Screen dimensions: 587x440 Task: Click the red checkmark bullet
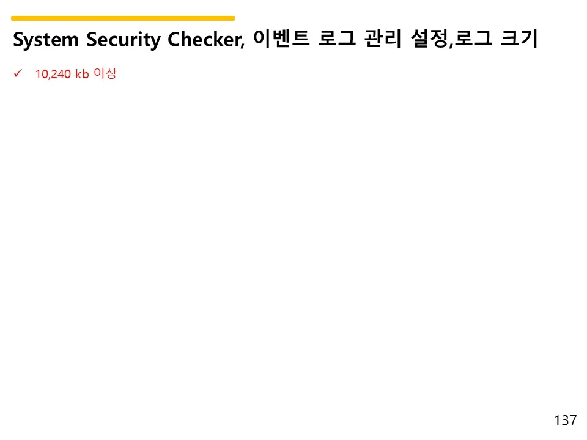click(17, 74)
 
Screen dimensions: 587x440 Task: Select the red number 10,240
click(53, 75)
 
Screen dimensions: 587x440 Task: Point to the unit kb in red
click(82, 75)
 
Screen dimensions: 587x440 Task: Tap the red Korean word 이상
click(105, 75)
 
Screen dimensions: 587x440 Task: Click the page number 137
click(565, 420)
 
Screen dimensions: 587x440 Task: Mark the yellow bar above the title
click(123, 18)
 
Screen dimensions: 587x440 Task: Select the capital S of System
click(18, 40)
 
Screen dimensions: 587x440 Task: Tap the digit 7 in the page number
click(573, 420)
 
